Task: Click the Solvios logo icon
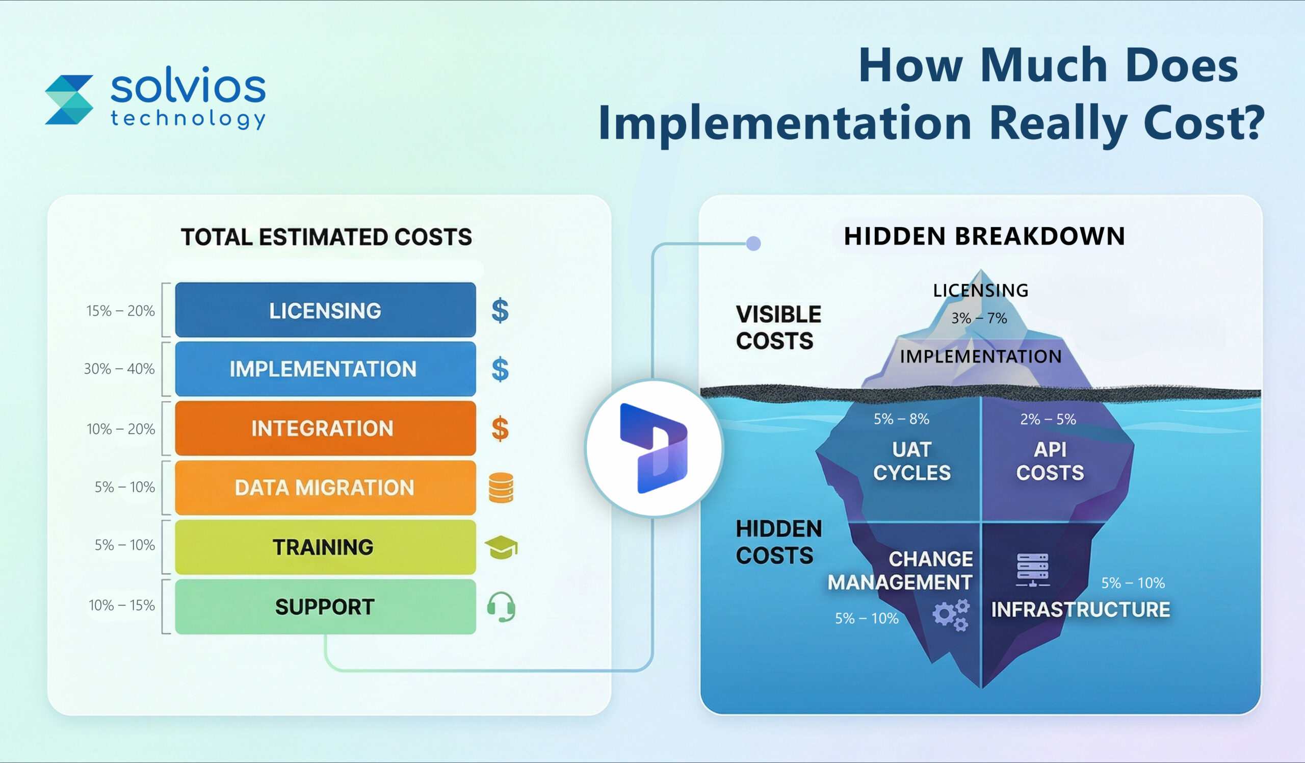click(69, 99)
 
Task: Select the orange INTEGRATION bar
click(325, 428)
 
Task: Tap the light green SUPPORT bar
click(325, 606)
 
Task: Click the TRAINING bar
click(325, 547)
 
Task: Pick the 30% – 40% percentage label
click(119, 369)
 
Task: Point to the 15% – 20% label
click(120, 311)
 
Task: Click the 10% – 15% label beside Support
click(122, 605)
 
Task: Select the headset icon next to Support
click(501, 606)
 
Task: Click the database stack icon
click(501, 488)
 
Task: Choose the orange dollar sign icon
click(500, 429)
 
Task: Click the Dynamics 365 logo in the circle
click(654, 448)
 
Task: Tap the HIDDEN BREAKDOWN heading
click(984, 236)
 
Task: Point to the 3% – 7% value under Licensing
click(979, 318)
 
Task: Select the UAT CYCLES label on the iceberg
click(911, 461)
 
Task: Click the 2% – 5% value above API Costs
click(1048, 419)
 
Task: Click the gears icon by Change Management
click(951, 615)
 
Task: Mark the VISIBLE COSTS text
click(778, 327)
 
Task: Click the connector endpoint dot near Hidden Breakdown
click(753, 243)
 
